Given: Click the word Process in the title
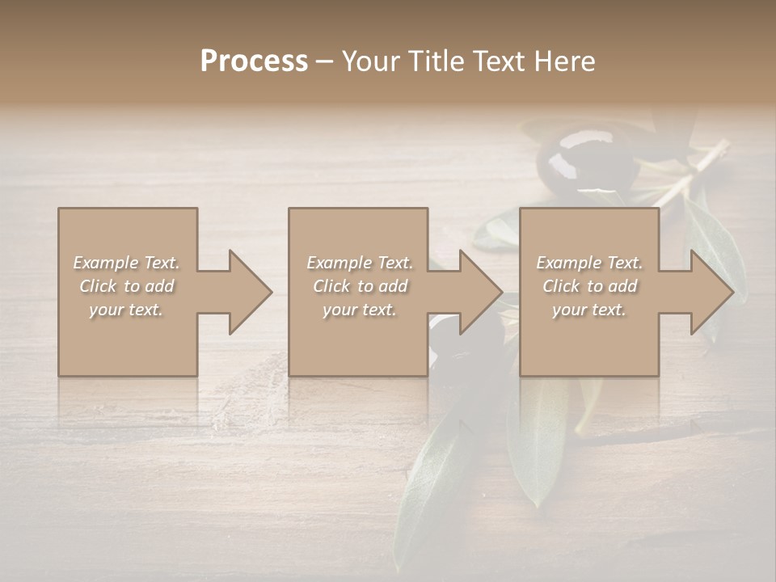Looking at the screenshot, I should pos(254,61).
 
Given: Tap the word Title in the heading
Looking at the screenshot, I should pos(436,61).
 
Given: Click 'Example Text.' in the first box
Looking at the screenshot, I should pos(126,263).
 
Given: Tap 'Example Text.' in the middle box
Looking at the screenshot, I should pos(360,263).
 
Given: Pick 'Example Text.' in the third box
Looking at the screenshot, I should pos(589,263).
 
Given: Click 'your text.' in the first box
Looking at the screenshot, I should pos(126,310).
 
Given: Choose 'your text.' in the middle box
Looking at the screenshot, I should pos(360,310).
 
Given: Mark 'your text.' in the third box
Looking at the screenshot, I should pos(589,310).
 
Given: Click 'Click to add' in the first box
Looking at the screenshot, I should pos(126,286).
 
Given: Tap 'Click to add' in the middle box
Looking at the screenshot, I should pos(360,286).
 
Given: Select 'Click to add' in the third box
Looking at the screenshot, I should pos(589,286).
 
